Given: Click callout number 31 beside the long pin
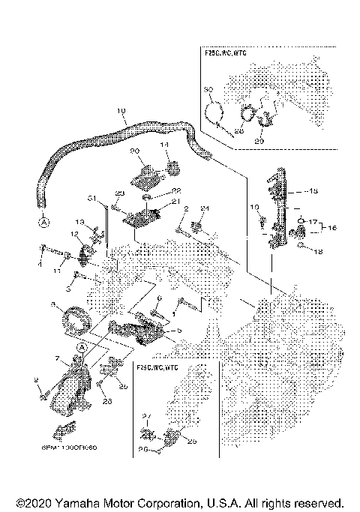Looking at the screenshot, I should tap(91, 199).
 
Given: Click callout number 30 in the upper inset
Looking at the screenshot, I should tap(208, 89).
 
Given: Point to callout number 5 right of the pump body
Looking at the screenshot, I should tap(178, 329).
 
